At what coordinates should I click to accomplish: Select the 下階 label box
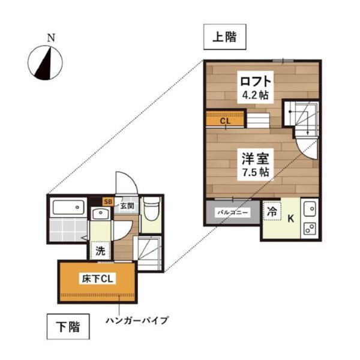point(70,328)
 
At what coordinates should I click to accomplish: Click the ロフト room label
point(255,80)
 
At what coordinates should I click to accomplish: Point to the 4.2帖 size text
point(255,95)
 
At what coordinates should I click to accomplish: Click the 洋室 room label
point(255,159)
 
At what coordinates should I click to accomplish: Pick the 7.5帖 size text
point(255,173)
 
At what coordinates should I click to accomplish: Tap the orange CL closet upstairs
point(225,121)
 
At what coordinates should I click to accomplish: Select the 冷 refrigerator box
point(272,212)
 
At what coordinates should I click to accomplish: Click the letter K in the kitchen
point(291,218)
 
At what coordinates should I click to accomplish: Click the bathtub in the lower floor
point(67,208)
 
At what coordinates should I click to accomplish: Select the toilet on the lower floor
point(151,209)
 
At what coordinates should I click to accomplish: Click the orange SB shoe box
point(109,202)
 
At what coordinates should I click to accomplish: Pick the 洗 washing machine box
point(101,251)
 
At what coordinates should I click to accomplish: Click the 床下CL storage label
point(96,279)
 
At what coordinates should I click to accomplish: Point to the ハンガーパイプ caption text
point(137,320)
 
